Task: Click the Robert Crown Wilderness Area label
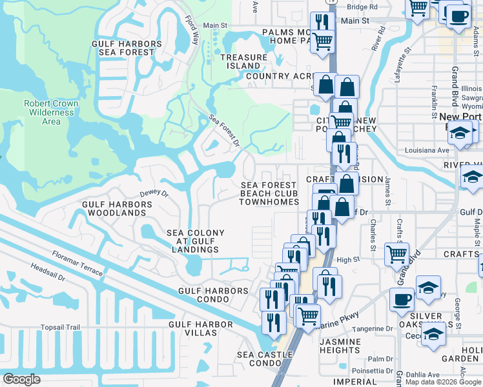(x=51, y=112)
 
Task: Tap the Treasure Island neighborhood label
(x=243, y=62)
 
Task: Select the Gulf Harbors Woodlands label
(x=118, y=208)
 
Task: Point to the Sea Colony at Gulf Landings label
(x=196, y=241)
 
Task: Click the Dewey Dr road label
(x=154, y=193)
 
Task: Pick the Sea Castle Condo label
(x=257, y=359)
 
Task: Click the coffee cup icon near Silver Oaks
(x=402, y=299)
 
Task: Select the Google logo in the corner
(x=22, y=379)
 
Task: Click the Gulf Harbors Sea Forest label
(x=126, y=48)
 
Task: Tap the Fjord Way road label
(x=192, y=30)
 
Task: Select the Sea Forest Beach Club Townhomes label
(x=269, y=193)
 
